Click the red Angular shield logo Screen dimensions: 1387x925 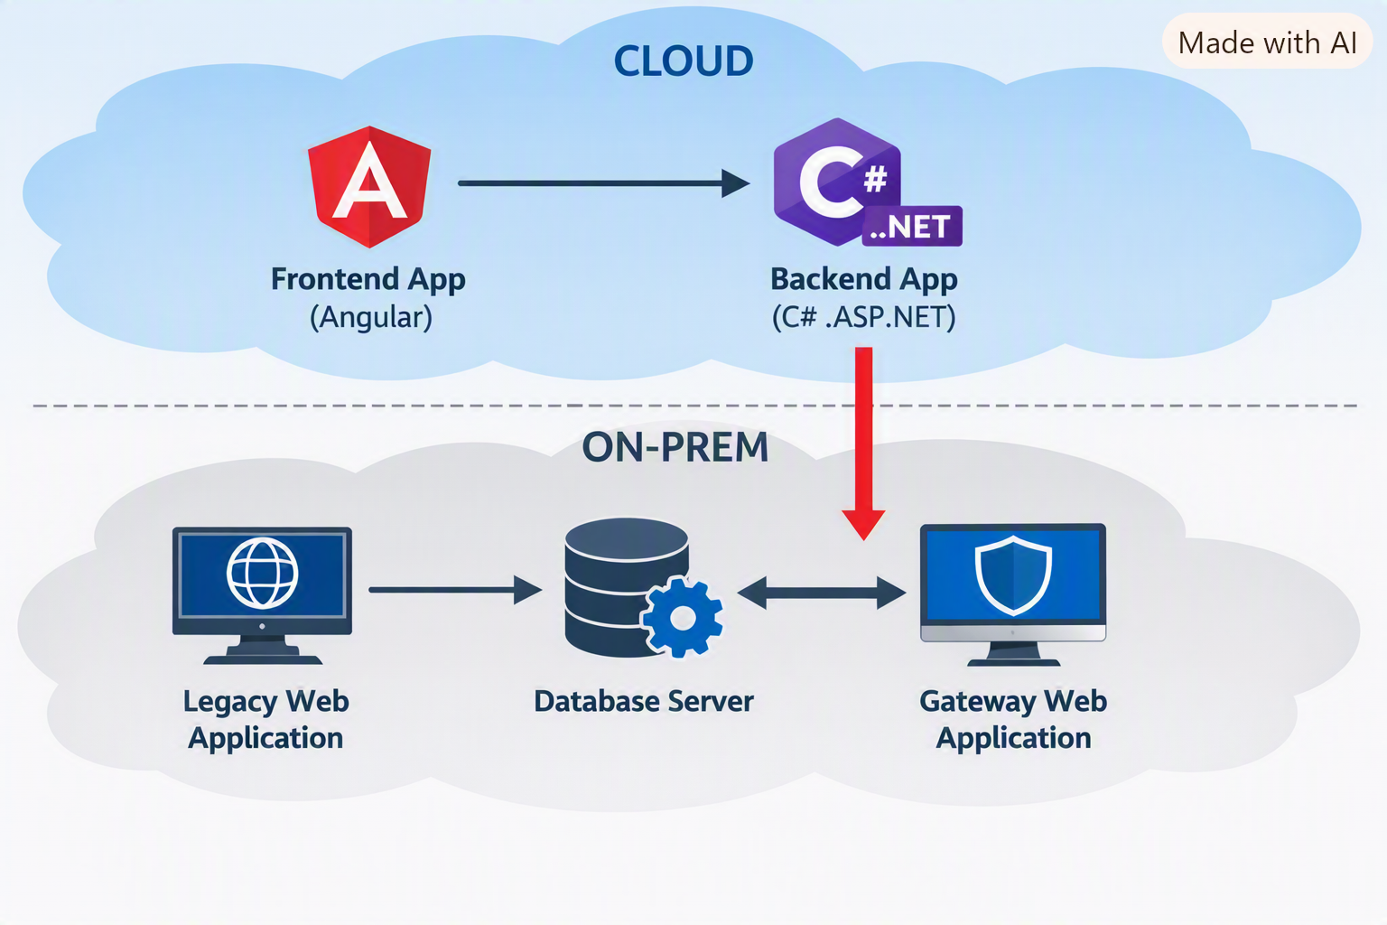pos(369,186)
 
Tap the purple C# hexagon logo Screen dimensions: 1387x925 pos(837,182)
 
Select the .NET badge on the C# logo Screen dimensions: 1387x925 pos(912,226)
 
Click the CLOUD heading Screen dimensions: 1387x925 pos(684,61)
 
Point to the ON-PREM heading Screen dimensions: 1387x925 pos(675,447)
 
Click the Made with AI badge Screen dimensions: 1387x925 pos(1268,42)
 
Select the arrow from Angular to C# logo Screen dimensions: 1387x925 pos(604,183)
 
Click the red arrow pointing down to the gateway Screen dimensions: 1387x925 pos(863,444)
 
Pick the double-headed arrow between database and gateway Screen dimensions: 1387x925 pos(822,593)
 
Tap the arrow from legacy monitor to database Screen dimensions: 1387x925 pos(455,590)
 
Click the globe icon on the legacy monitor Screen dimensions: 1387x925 pos(263,573)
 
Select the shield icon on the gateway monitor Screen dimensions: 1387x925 pos(1013,575)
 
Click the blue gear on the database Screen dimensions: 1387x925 pos(682,617)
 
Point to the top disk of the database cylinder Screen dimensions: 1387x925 pos(627,539)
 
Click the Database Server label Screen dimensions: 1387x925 pos(644,701)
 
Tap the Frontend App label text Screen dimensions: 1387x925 pos(368,279)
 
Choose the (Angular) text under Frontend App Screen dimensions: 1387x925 pos(371,318)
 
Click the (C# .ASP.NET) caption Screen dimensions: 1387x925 pos(864,318)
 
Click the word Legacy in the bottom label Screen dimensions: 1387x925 pos(229,703)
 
